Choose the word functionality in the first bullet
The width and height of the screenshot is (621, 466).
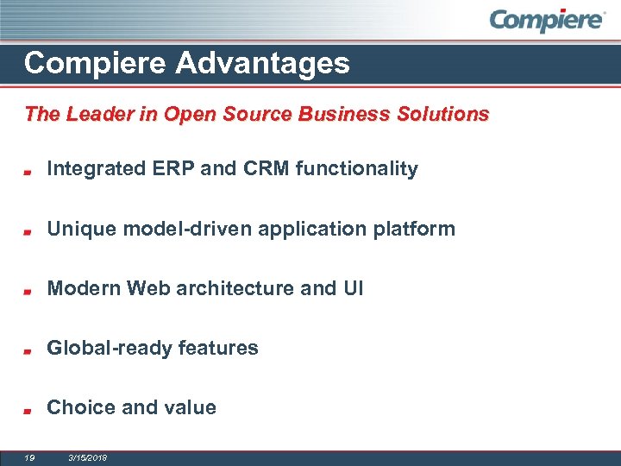(356, 169)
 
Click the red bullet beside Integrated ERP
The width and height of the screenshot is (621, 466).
(28, 172)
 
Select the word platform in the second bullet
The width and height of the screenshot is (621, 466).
(417, 229)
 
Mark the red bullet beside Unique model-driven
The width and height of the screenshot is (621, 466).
(28, 232)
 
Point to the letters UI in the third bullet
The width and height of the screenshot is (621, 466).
(353, 288)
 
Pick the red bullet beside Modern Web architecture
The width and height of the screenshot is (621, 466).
(28, 292)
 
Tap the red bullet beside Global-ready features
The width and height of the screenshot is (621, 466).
(28, 351)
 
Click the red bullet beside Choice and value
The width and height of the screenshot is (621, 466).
(28, 411)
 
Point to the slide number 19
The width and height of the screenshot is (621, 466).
(29, 457)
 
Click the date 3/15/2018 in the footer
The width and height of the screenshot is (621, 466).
(87, 457)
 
